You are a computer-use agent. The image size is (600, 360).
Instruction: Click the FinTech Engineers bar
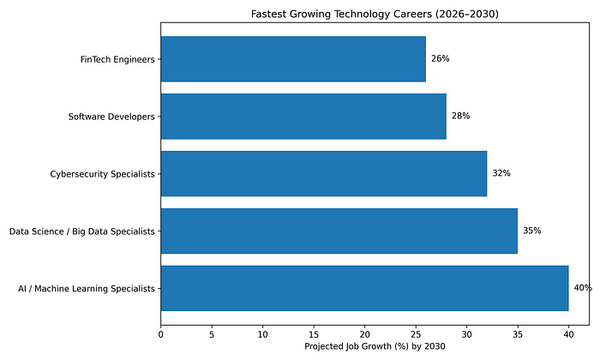(x=293, y=59)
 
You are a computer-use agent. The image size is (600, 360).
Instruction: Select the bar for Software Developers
(x=303, y=117)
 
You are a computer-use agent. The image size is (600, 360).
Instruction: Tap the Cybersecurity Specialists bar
(x=324, y=174)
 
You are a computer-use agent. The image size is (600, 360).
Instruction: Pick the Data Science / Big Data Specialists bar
(x=339, y=231)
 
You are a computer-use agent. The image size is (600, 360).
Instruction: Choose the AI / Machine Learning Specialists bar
(x=364, y=289)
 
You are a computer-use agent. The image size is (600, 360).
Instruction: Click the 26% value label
(x=441, y=58)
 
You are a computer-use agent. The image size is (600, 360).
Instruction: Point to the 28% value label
(x=461, y=116)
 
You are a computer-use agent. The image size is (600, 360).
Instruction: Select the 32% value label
(x=501, y=173)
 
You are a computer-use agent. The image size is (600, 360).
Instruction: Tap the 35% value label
(x=532, y=231)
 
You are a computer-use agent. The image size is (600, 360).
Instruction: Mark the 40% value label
(x=583, y=288)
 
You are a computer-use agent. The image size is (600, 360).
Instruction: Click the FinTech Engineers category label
(x=117, y=60)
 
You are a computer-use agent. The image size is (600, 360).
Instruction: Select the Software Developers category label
(x=111, y=117)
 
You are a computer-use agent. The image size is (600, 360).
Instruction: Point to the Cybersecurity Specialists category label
(x=102, y=175)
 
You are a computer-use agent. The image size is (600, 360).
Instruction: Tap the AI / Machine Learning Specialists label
(x=86, y=289)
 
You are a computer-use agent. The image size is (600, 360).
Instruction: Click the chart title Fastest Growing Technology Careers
(x=375, y=15)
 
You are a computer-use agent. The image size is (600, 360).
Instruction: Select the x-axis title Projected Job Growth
(x=375, y=346)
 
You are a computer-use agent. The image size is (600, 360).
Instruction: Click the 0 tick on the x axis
(x=161, y=335)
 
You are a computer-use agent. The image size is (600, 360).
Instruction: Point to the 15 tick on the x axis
(x=314, y=335)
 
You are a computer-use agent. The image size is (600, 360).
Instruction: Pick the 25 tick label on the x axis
(x=416, y=335)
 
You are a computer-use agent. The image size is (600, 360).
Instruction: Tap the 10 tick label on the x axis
(x=262, y=335)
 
